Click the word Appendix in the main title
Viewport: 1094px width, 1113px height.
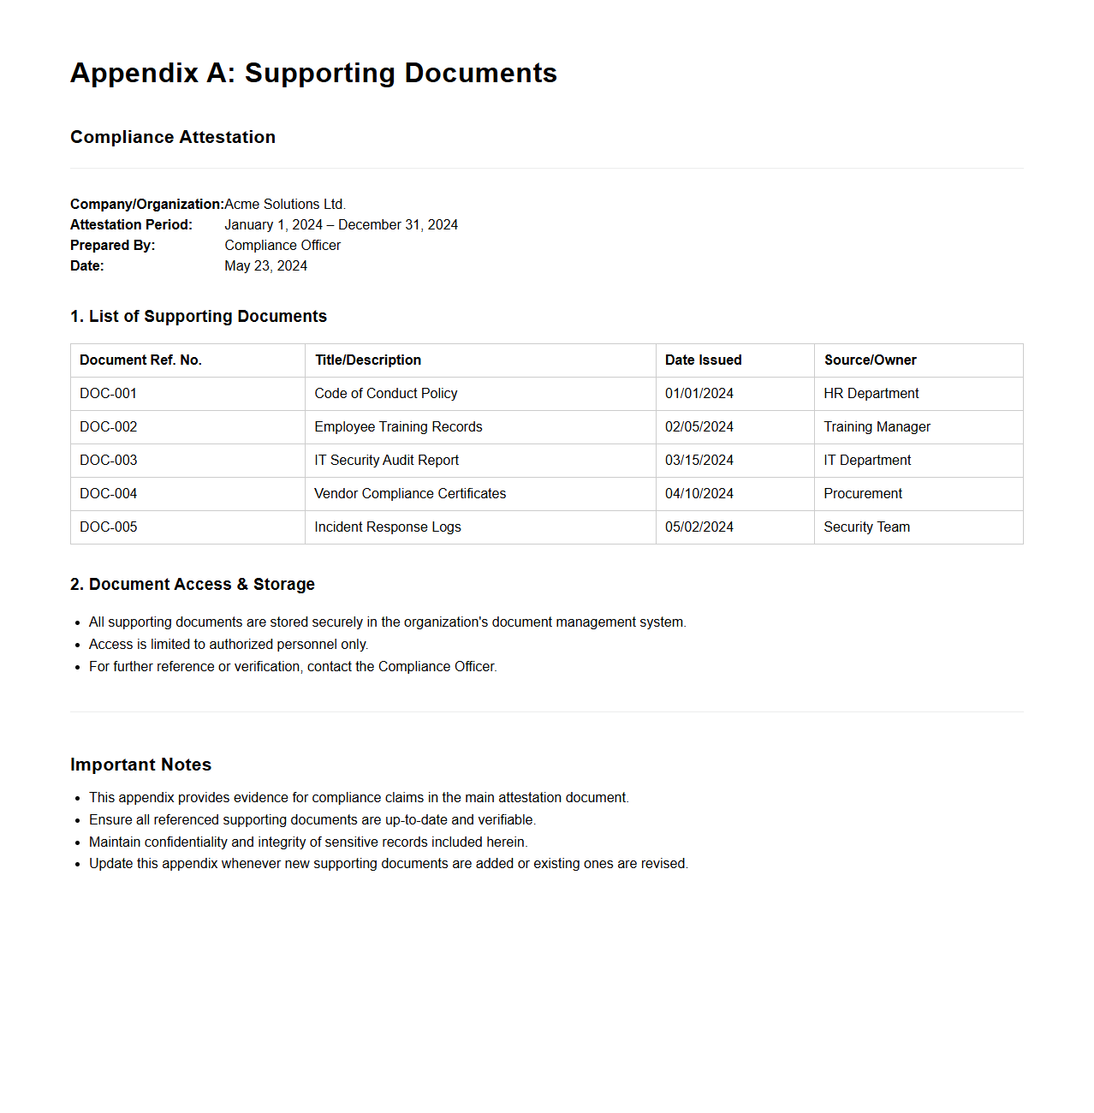(134, 74)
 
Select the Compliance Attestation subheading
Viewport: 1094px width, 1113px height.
(173, 137)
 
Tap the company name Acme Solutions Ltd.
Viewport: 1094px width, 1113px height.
(285, 204)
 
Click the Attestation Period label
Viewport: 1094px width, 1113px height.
(131, 224)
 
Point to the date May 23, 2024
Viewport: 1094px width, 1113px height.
(265, 265)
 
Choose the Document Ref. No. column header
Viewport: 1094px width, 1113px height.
(140, 360)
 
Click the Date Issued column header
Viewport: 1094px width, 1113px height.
(703, 360)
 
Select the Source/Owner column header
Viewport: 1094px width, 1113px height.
(870, 360)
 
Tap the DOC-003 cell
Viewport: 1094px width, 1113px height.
(109, 461)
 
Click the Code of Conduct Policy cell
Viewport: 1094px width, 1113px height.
(385, 394)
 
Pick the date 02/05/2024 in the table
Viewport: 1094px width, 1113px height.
(699, 427)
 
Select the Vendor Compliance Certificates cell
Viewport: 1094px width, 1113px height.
(410, 494)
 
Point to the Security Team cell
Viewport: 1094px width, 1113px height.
(866, 527)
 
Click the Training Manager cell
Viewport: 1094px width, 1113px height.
(877, 427)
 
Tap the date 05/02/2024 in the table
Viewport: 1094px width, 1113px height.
(699, 527)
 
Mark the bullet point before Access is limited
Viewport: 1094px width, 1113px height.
(77, 645)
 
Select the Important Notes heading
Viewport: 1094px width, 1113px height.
(140, 765)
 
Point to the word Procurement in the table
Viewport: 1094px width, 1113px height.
(863, 494)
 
